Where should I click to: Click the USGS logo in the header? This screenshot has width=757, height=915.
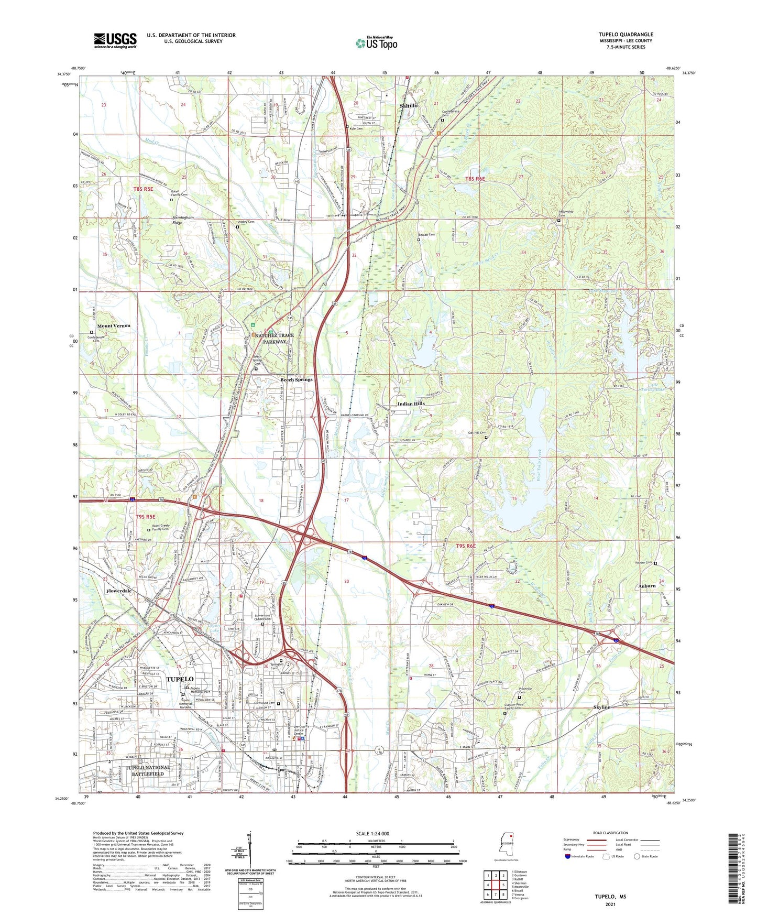115,40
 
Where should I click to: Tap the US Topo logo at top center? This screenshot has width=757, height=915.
376,43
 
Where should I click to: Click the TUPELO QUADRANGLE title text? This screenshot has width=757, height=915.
626,35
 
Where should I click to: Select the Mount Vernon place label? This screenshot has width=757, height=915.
114,326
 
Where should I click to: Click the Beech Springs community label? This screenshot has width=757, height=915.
296,380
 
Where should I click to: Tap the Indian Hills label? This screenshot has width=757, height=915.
411,404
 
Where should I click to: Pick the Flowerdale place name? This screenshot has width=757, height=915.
118,591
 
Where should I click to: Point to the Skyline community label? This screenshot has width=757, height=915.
601,707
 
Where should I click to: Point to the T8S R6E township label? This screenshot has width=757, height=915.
475,179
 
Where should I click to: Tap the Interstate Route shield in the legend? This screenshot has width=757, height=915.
568,857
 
